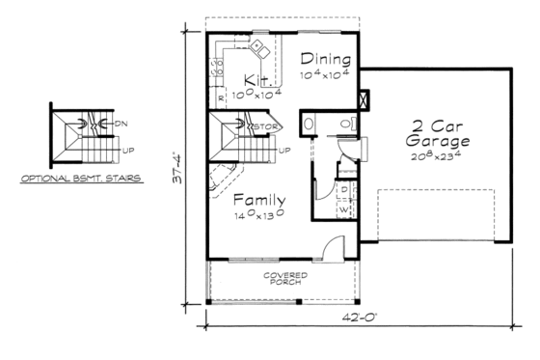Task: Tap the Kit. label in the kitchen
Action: tap(256, 79)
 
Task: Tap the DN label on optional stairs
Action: tap(121, 124)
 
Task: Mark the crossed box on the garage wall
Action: tap(363, 99)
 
